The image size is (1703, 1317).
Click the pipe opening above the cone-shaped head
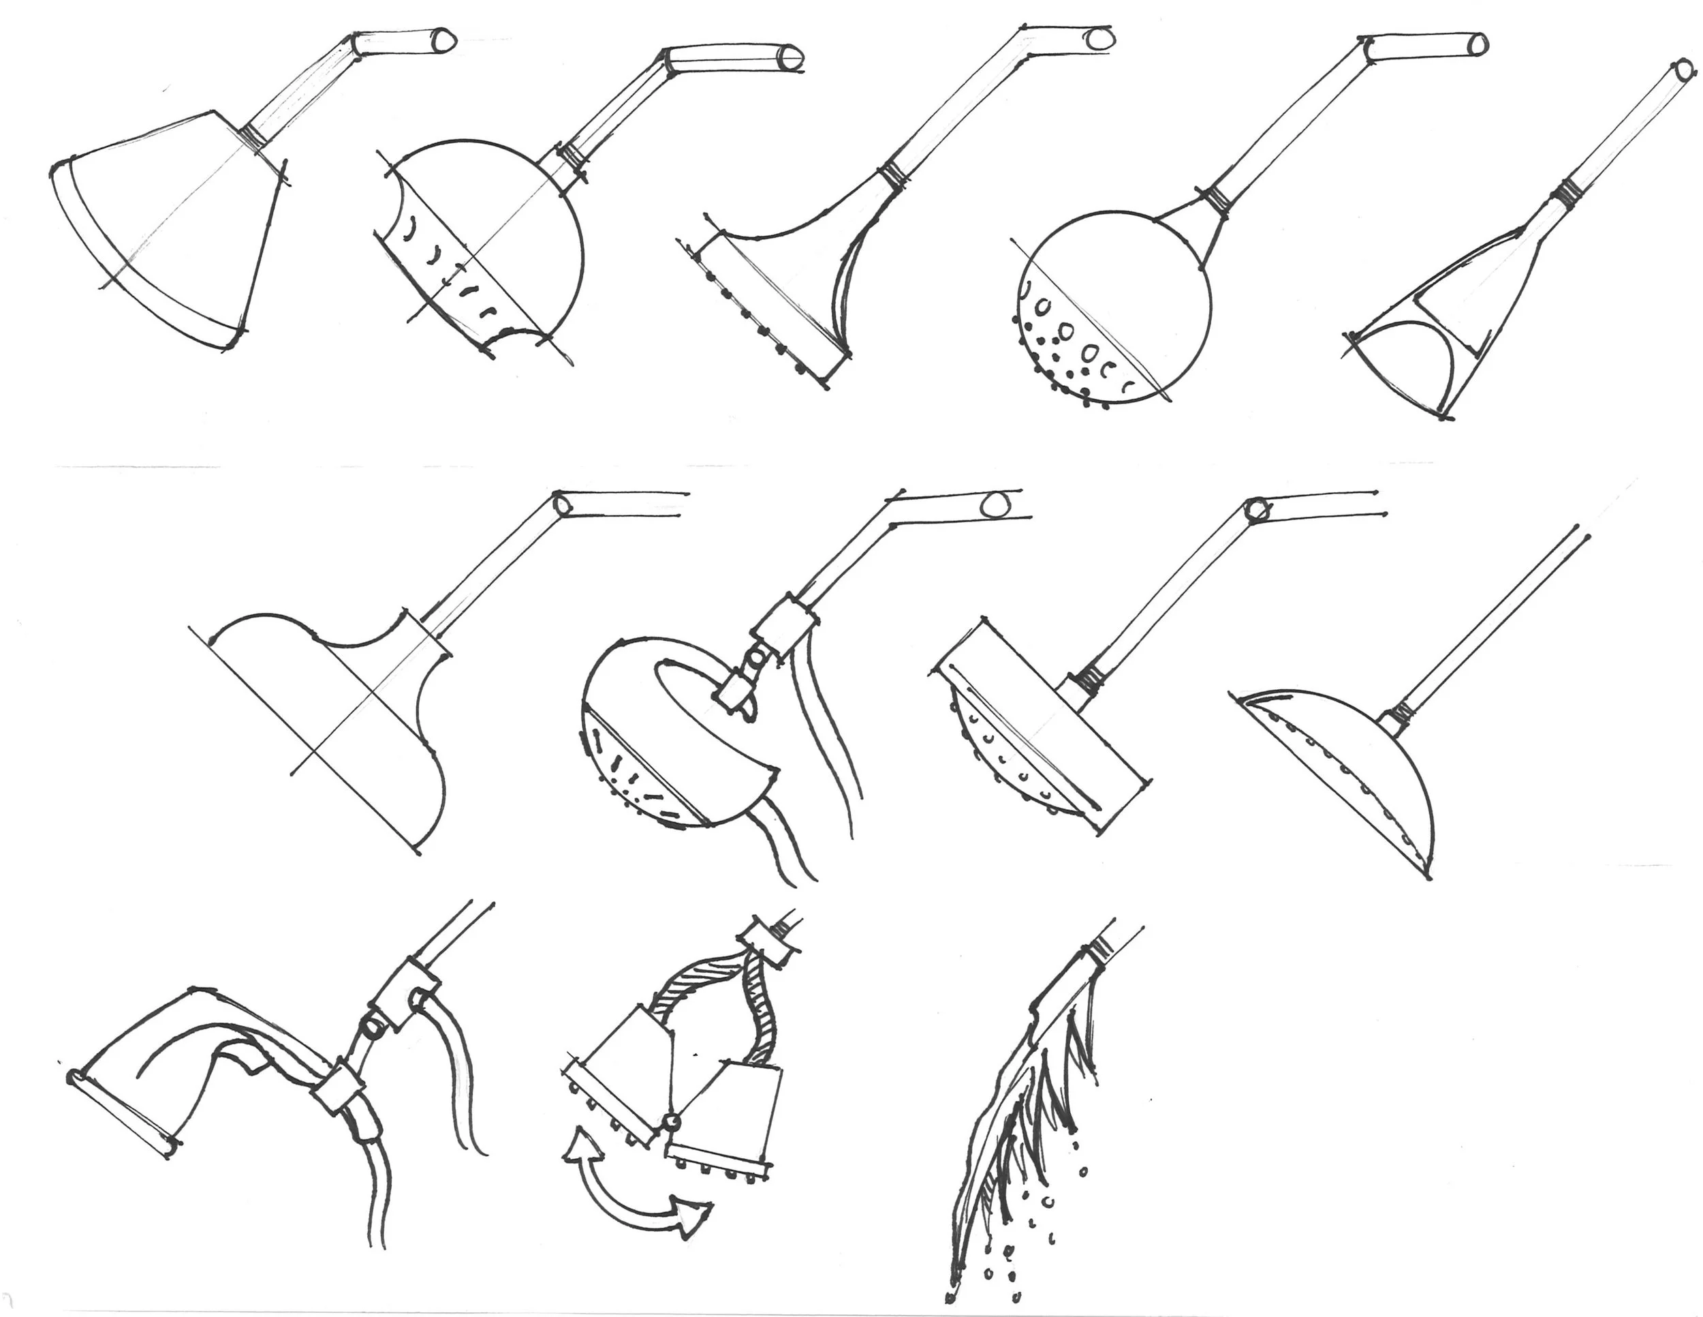pos(442,39)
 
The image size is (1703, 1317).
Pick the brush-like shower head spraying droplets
pos(1029,1108)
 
